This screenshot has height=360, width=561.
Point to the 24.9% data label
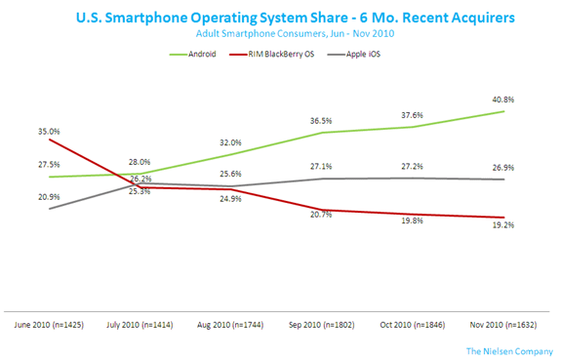pos(230,199)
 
